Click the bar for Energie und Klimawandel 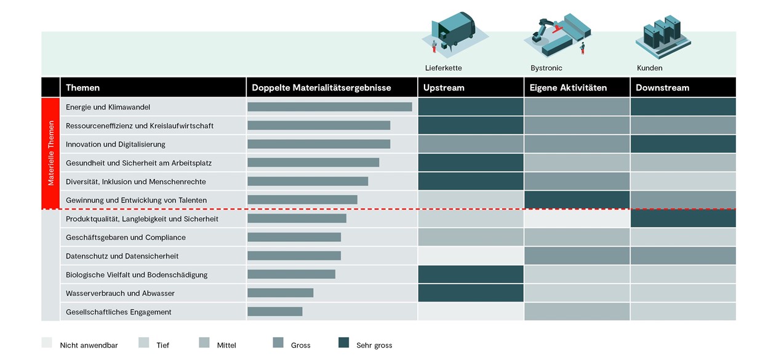330,107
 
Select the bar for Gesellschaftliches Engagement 275,312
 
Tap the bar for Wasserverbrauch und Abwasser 281,293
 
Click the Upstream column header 444,87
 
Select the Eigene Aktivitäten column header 568,87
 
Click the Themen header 82,87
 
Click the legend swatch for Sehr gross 344,343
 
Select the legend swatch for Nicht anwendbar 47,343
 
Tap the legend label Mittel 226,345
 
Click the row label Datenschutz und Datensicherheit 122,256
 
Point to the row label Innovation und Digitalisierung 115,144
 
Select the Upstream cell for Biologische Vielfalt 471,274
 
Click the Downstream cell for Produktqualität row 683,218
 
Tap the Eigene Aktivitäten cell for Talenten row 577,200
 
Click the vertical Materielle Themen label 51,153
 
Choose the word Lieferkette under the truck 443,68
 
